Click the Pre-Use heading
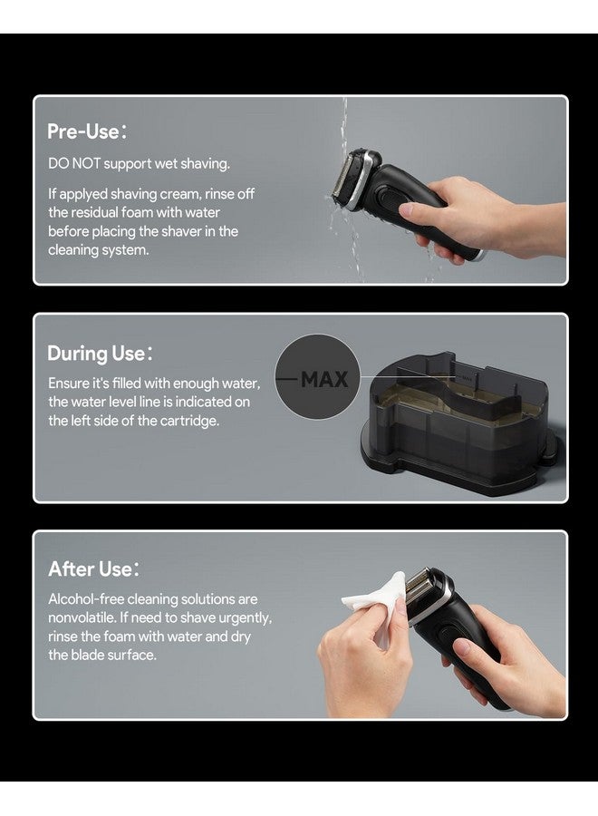tap(86, 131)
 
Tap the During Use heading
tap(100, 354)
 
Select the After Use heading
tap(93, 568)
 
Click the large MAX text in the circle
tap(324, 379)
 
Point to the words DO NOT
tap(74, 163)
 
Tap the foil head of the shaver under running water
tap(342, 180)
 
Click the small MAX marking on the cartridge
tap(466, 377)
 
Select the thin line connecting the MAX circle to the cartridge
tap(409, 376)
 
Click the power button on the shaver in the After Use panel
tap(446, 636)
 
